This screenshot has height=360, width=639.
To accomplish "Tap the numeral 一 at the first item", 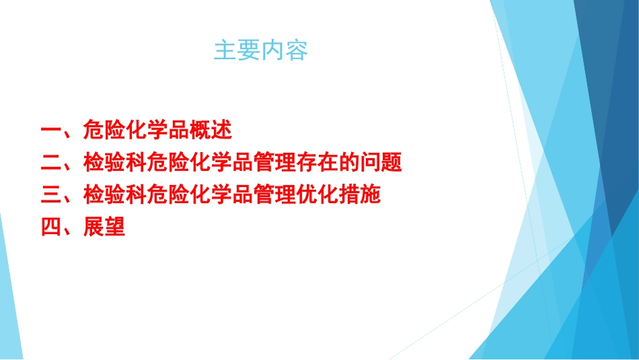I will pos(50,129).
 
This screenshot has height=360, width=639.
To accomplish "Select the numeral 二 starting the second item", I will pos(50,162).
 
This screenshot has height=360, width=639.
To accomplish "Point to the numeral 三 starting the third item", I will pos(50,195).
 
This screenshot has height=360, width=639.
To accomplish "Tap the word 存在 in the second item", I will pos(316,162).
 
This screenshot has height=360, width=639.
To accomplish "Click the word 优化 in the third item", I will pos(316,195).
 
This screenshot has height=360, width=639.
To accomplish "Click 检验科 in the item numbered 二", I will pos(114,162).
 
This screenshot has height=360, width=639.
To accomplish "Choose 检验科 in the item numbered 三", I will pos(114,195).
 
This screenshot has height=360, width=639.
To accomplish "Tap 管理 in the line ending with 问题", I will pos(274,162).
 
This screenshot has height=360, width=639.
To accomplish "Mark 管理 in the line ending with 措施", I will pos(274,195).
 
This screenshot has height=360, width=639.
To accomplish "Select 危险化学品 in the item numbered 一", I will pos(135,129).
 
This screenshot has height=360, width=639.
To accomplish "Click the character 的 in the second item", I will pos(348,162).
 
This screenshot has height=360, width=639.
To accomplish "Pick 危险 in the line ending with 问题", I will pos(167,162).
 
